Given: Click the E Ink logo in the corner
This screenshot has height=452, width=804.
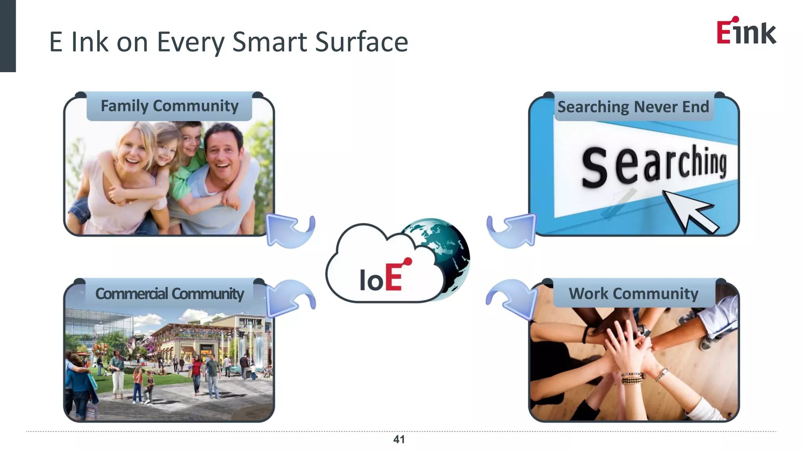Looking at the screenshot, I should coord(746,31).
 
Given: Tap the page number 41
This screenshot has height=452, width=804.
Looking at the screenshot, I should coord(399,439).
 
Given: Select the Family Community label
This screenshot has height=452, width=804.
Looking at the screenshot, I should coord(170,106).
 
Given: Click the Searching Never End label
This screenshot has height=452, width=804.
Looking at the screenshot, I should coord(633,107).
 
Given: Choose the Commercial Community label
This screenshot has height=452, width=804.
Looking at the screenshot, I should coord(170,293).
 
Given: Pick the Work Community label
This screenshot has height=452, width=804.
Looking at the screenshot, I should coord(633,293).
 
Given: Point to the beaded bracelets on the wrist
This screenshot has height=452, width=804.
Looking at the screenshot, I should coord(632,378).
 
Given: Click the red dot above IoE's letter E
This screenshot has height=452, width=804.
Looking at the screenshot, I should coord(408,261).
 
